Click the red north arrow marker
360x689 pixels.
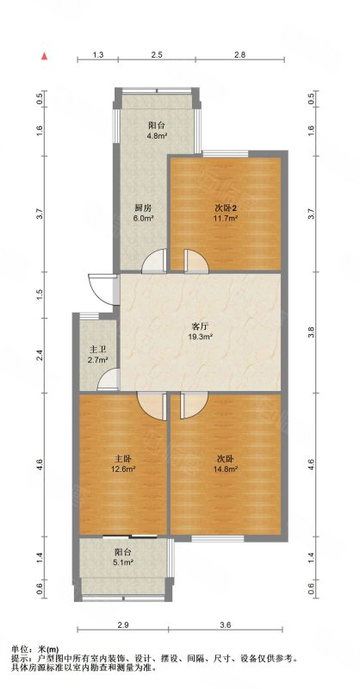[x=44, y=56]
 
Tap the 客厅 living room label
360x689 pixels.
[x=201, y=327]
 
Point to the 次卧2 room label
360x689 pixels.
[x=226, y=208]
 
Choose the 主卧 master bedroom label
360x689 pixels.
[x=122, y=459]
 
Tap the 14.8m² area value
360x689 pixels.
[x=226, y=469]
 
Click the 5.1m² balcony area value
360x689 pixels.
[x=124, y=562]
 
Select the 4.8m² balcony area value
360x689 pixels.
[x=157, y=136]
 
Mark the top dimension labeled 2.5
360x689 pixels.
[x=157, y=55]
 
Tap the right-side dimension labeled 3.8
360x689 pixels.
[x=311, y=332]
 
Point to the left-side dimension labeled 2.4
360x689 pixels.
[x=40, y=354]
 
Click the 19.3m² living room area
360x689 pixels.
[x=201, y=337]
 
